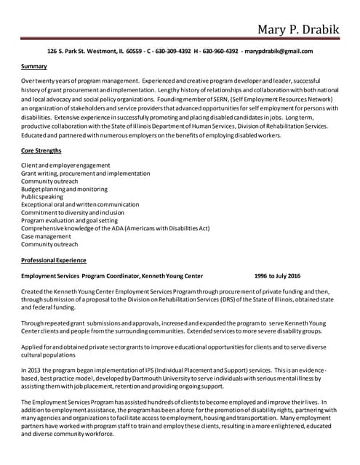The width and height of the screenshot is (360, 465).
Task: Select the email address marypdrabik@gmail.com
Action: (279, 52)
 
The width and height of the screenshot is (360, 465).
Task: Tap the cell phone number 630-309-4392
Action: (174, 52)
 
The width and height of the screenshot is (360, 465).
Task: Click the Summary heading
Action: (34, 67)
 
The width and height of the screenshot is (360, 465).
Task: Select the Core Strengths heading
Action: (41, 150)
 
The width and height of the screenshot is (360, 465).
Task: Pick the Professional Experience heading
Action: (54, 260)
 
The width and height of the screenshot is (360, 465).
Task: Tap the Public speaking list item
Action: (42, 196)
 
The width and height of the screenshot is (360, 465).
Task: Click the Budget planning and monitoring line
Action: (64, 188)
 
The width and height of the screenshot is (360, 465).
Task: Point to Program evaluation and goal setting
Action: (69, 220)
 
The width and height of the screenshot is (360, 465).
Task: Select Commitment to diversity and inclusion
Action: (73, 212)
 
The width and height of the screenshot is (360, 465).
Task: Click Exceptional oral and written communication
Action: (80, 204)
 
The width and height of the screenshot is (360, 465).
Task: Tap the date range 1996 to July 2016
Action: (277, 276)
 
